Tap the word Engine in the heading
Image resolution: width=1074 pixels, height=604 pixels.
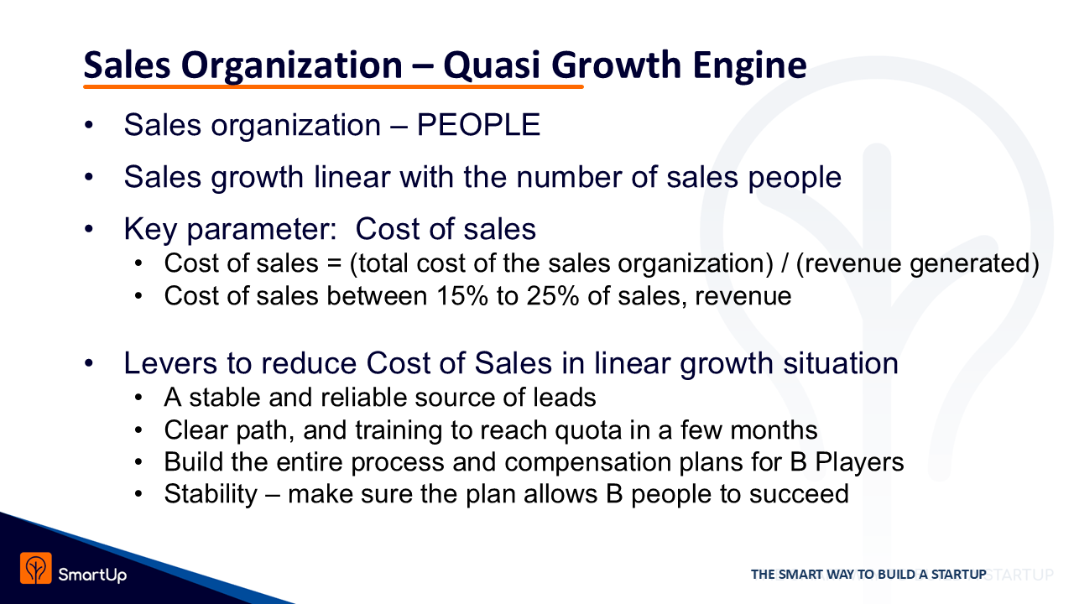click(x=749, y=65)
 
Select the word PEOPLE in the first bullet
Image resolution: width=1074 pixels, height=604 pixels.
click(x=478, y=125)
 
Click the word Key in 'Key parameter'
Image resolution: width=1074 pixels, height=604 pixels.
click(x=150, y=230)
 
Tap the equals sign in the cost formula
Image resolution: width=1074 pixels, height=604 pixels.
click(x=334, y=263)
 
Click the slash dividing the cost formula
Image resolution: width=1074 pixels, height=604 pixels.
click(x=785, y=263)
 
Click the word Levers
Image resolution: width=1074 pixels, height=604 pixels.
click(x=170, y=363)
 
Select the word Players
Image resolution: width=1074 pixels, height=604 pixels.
click(x=859, y=461)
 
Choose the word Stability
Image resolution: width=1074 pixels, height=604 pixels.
click(x=211, y=494)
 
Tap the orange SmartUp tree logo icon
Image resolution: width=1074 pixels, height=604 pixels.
click(x=36, y=568)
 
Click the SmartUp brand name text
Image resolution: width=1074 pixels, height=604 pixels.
click(x=92, y=575)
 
